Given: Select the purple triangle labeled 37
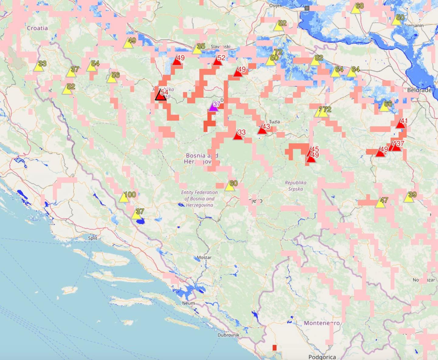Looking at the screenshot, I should (x=214, y=107).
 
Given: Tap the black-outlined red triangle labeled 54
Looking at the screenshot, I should (x=161, y=95).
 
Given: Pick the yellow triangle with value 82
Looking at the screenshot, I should (x=315, y=61).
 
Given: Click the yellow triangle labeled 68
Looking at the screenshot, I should (x=356, y=9).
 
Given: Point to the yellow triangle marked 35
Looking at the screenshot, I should (x=197, y=50).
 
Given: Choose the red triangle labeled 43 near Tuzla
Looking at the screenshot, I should (x=262, y=130).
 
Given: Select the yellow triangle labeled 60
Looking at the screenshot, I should (x=230, y=186).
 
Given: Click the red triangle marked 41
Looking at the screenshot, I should (x=401, y=124).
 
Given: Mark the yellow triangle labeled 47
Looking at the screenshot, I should (x=380, y=203).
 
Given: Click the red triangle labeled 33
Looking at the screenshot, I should (x=238, y=135).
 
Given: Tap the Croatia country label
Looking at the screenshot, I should (x=37, y=28).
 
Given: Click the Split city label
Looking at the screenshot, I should (x=92, y=238).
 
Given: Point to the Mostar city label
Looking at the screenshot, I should (x=204, y=258).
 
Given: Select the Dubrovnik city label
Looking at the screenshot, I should (x=228, y=335).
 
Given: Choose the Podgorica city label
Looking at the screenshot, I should (x=322, y=357).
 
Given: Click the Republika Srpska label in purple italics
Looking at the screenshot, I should (x=295, y=186).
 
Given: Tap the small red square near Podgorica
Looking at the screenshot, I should (x=274, y=348).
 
